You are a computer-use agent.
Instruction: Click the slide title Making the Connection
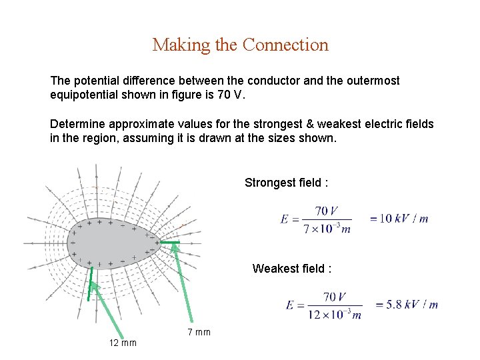click(240, 45)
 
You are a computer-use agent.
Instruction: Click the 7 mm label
click(199, 332)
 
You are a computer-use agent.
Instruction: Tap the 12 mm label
click(123, 343)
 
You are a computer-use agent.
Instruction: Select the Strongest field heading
click(286, 183)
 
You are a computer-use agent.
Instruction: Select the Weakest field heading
click(291, 269)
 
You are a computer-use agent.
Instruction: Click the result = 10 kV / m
click(399, 219)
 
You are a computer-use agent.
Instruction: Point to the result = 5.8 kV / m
click(407, 304)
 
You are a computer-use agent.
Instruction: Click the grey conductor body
click(110, 243)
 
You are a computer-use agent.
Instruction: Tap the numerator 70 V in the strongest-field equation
click(326, 211)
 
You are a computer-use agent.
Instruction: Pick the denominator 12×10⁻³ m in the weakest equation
click(334, 315)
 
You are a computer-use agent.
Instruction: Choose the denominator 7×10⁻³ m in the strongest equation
click(326, 229)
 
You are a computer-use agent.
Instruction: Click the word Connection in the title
click(285, 45)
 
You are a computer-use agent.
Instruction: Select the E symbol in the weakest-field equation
click(290, 305)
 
